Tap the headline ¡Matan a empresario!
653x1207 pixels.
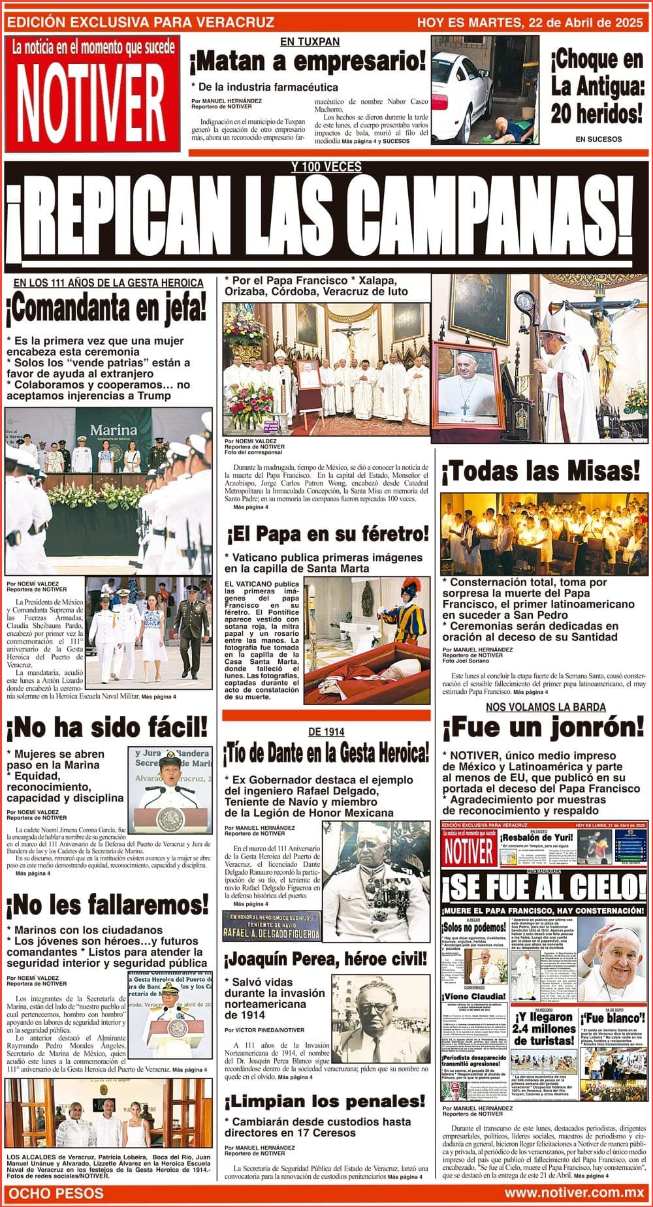tap(307, 62)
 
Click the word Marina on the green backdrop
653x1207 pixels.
tap(114, 430)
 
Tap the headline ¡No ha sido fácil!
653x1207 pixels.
tap(107, 726)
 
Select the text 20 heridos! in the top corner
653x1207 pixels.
tap(596, 114)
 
